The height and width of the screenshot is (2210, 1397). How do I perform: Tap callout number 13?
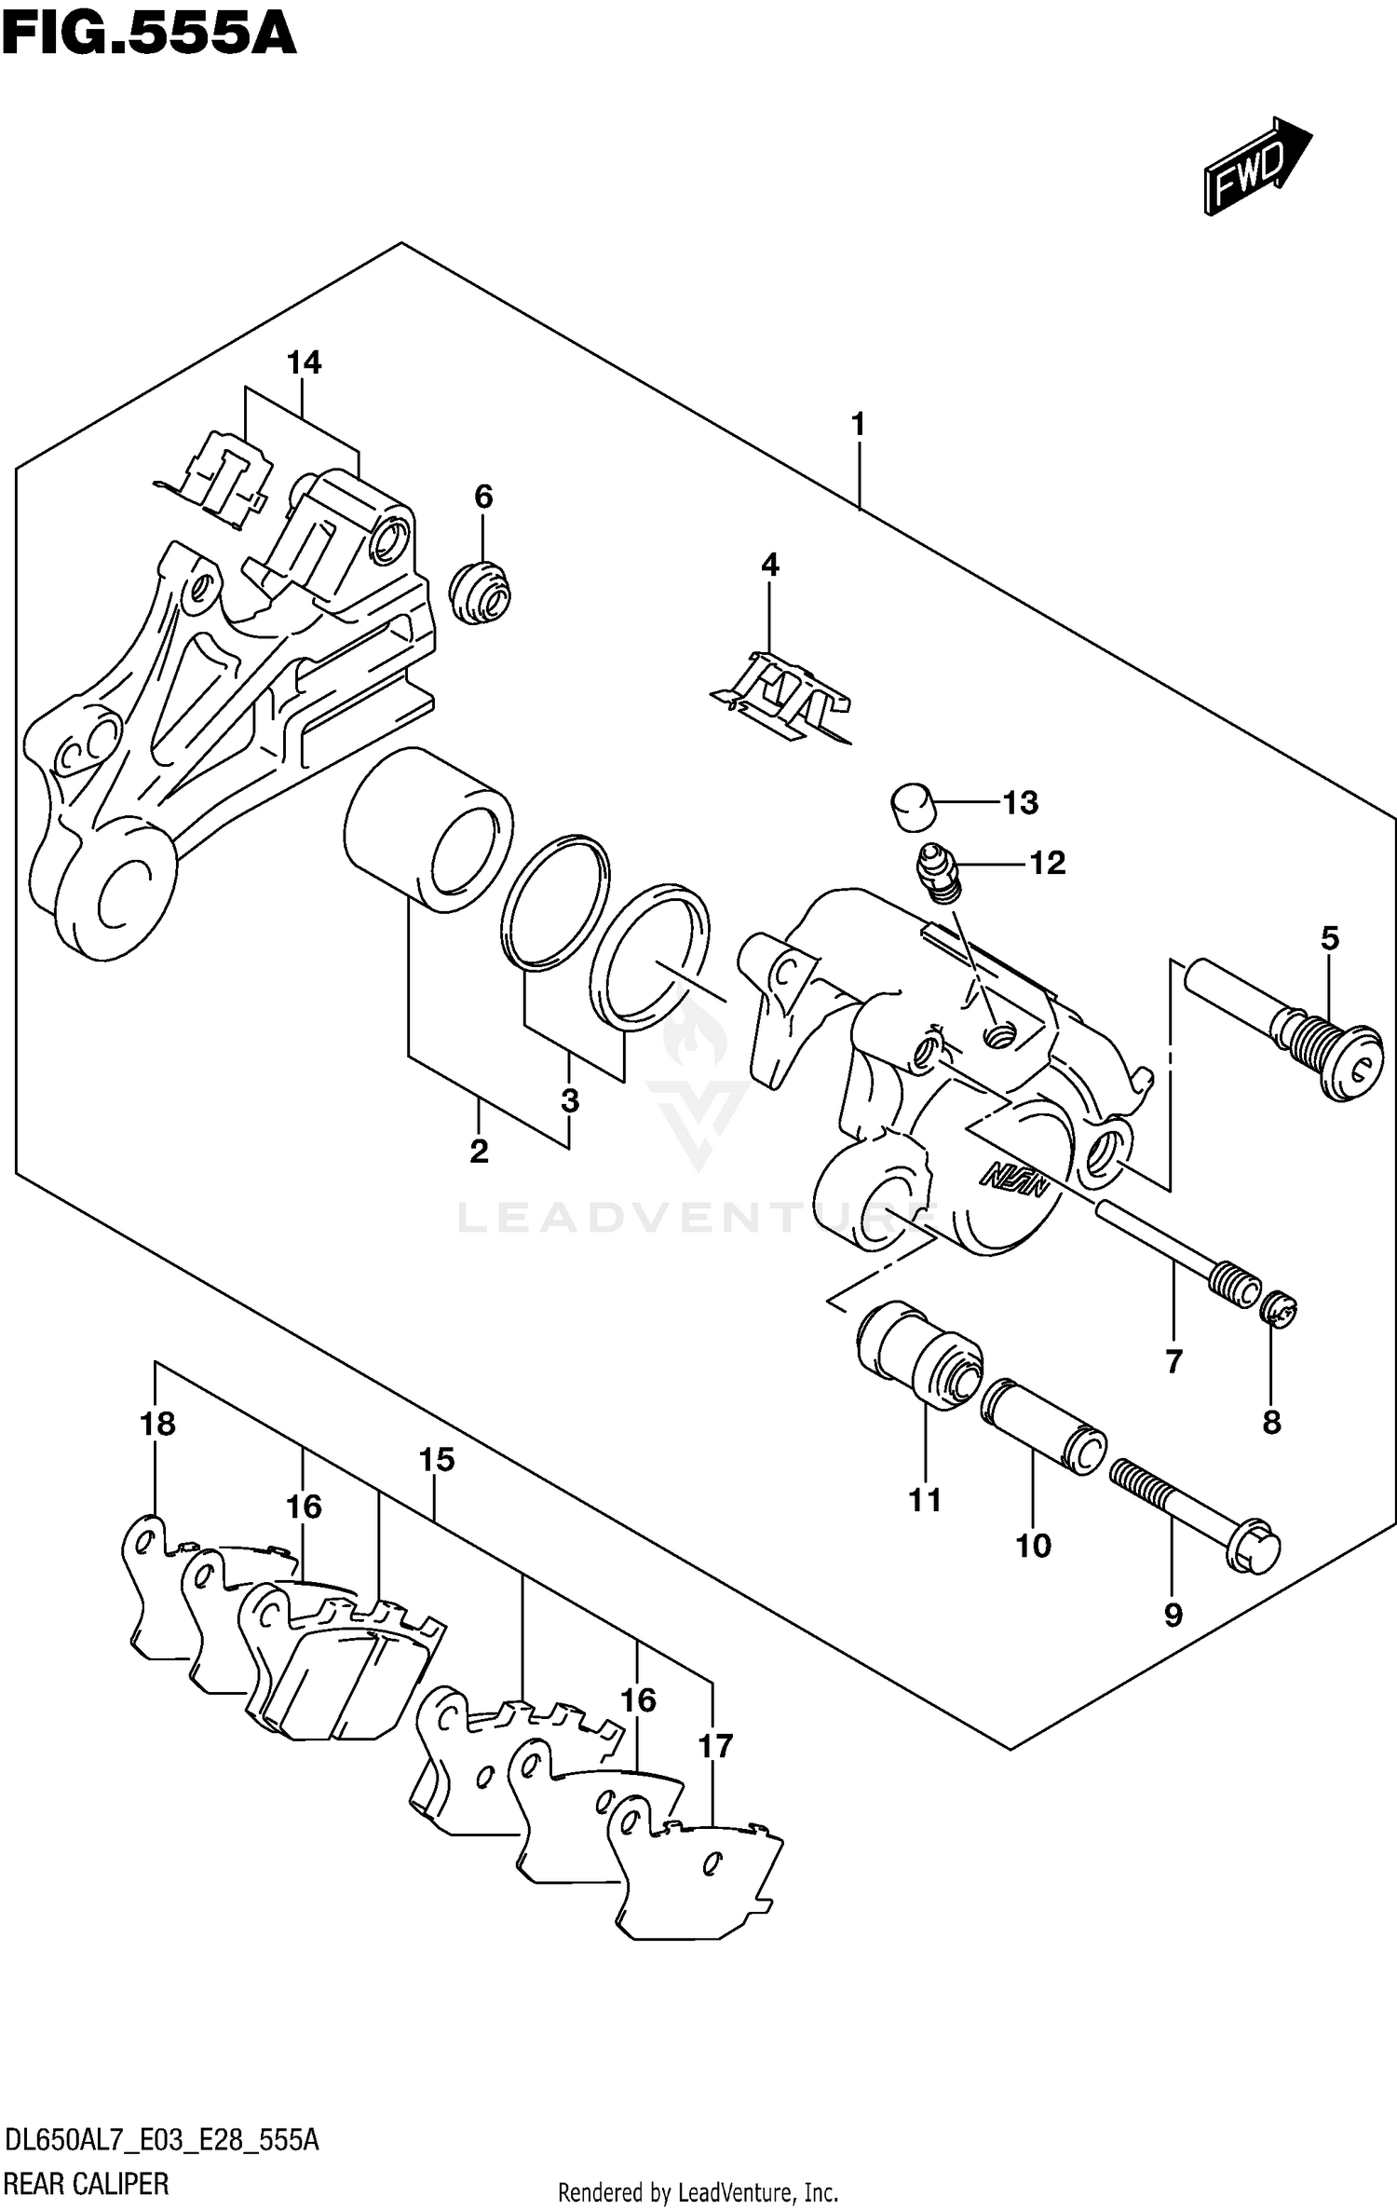coord(1020,802)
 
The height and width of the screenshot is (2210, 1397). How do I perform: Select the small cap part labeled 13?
coord(912,806)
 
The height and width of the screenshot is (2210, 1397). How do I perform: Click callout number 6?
coord(482,497)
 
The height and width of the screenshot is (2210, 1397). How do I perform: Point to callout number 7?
coord(1173,1361)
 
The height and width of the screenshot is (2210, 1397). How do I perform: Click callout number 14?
coord(304,362)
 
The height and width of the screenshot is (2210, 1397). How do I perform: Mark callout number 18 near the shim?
coord(157,1424)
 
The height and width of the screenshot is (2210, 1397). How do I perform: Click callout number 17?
coord(715,1746)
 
